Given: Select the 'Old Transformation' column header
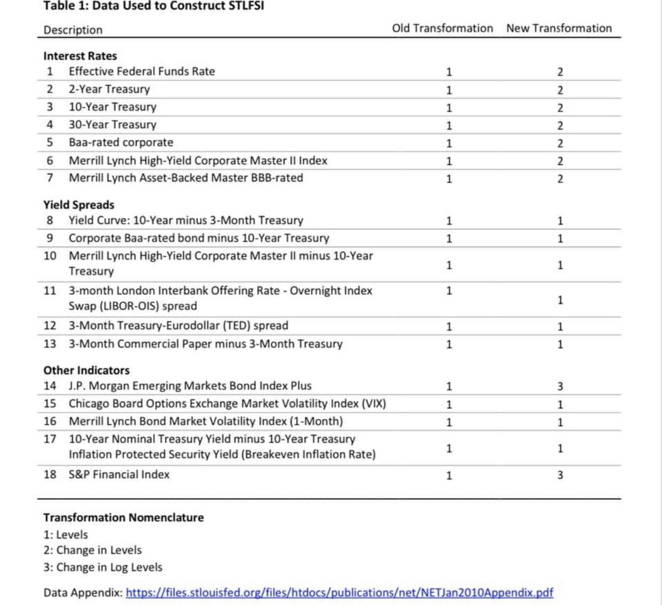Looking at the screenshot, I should point(442,28).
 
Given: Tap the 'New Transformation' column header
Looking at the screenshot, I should point(559,28).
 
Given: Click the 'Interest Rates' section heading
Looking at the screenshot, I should point(80,56).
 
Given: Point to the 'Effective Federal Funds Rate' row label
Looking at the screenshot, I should point(142,71).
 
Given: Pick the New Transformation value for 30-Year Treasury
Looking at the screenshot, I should point(560,125).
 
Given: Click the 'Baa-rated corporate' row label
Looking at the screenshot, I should point(121,142).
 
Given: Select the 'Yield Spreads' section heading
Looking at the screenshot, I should point(79,205).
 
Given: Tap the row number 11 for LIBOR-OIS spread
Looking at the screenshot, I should point(50,291).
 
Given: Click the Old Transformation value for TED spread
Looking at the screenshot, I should point(449,327).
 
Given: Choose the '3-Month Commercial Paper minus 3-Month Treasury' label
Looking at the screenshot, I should point(205,344).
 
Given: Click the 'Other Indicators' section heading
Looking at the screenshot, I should point(86,370).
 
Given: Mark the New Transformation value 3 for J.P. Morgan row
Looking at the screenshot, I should point(560,386).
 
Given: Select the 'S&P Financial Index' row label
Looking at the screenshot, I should point(119,474).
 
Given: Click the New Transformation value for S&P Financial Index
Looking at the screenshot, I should point(560,475).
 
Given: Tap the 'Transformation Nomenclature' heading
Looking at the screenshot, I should point(124,518).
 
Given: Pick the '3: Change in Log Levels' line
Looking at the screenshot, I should point(103,567).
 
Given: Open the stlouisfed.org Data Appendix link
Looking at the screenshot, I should point(340,593).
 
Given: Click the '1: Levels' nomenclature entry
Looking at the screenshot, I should point(66,535).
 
